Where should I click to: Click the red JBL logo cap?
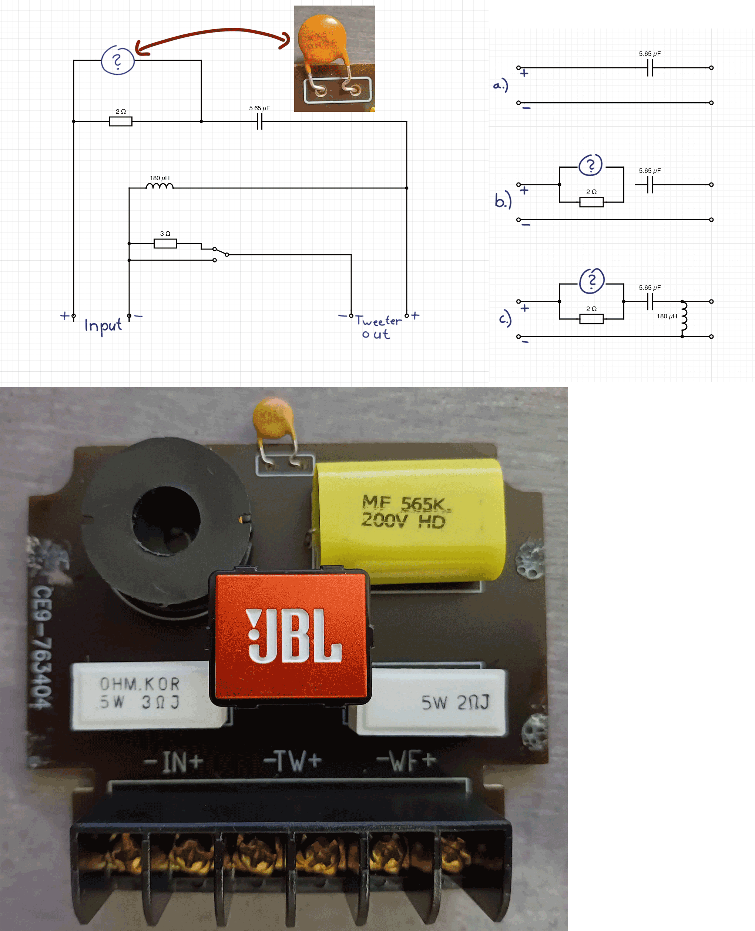point(290,636)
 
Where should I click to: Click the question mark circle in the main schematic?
point(117,60)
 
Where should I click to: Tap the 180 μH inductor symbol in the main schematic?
point(160,186)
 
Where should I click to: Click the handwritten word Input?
point(103,325)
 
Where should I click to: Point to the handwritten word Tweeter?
point(378,321)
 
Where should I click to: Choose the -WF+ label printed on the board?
point(406,760)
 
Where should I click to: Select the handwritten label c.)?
point(505,319)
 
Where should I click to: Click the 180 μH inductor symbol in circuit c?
point(684,317)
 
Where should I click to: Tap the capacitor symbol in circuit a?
point(650,68)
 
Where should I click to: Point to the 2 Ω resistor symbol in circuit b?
point(591,202)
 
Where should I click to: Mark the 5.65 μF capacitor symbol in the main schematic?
point(260,121)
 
